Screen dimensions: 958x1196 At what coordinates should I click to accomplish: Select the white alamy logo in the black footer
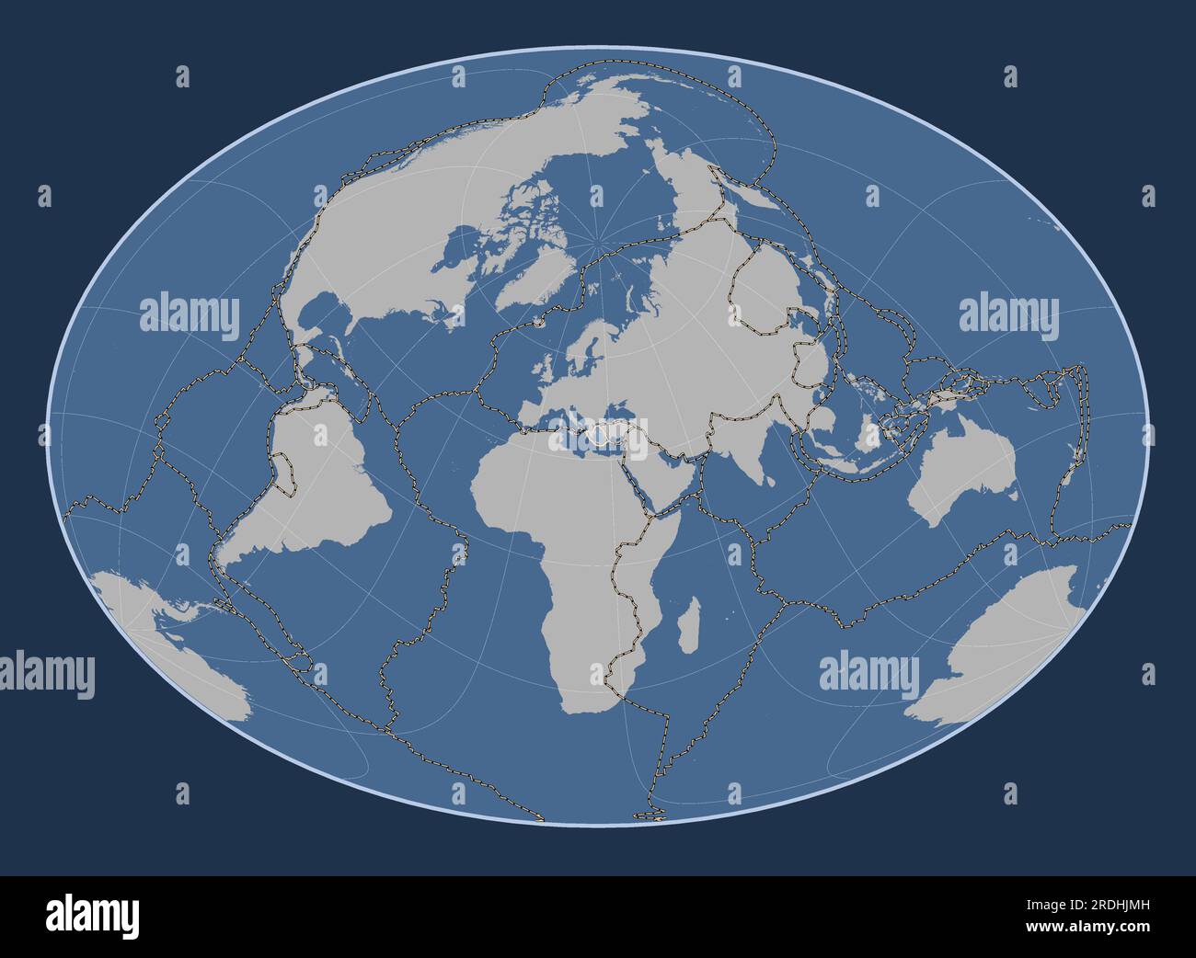92,916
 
